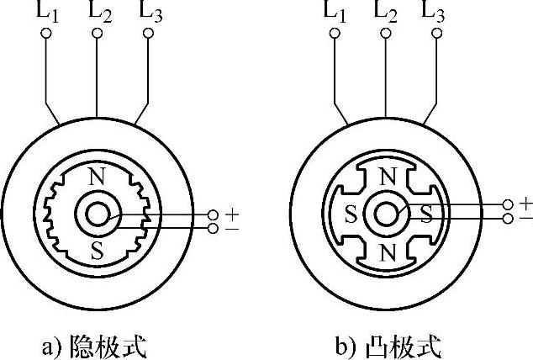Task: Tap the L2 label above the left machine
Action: point(99,12)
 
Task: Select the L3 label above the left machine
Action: point(150,12)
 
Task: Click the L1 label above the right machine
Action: point(335,12)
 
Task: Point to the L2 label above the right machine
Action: point(387,12)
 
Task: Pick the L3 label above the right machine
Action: point(438,12)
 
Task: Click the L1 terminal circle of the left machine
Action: point(46,34)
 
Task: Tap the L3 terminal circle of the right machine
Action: point(436,34)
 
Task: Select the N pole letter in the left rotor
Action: point(97,177)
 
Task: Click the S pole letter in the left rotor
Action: point(97,250)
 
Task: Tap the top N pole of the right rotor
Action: point(386,177)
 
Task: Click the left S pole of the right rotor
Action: point(350,214)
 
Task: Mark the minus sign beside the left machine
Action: point(232,228)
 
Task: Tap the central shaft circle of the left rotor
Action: point(97,214)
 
